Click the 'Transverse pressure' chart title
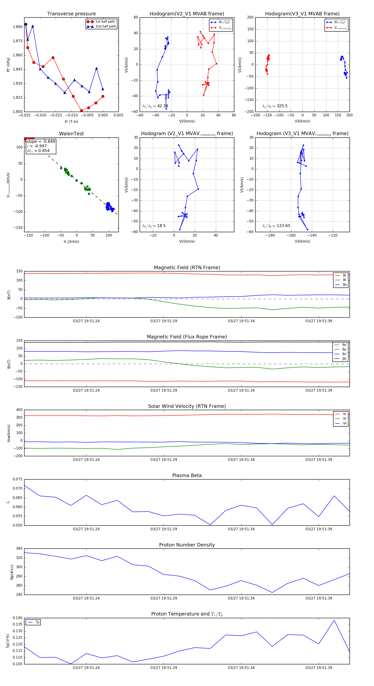[x=71, y=14]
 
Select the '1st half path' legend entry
[x=105, y=22]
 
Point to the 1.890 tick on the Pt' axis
[x=18, y=27]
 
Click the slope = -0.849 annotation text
[x=41, y=141]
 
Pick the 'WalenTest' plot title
[x=71, y=134]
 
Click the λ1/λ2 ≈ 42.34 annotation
[x=155, y=106]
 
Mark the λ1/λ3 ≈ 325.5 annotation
[x=275, y=106]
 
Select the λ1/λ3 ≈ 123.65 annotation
[x=276, y=226]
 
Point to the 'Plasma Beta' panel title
[x=187, y=475]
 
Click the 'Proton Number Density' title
[x=187, y=545]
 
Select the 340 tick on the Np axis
[x=19, y=549]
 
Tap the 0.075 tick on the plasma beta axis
[x=18, y=479]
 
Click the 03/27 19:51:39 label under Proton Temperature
[x=319, y=668]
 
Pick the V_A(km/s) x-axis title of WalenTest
[x=71, y=242]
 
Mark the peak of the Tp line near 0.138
[x=334, y=620]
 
